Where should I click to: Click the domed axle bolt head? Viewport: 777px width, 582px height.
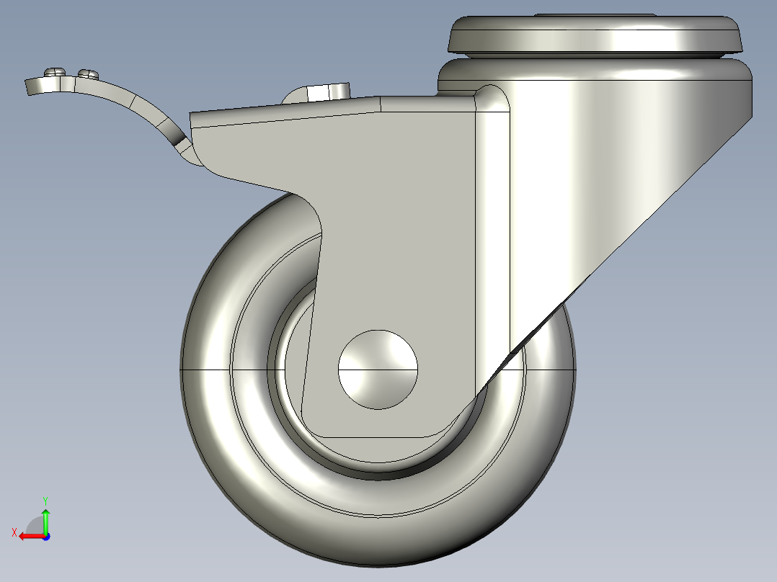tap(378, 369)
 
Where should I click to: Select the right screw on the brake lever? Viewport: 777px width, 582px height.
tap(89, 73)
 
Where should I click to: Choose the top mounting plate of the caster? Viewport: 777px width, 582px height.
tap(595, 35)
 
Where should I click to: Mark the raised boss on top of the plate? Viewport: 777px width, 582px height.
tap(595, 14)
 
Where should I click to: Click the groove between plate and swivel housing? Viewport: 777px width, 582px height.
tap(595, 56)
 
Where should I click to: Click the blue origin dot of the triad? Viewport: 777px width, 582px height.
tap(45, 536)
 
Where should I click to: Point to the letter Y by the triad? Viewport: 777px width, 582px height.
tap(45, 499)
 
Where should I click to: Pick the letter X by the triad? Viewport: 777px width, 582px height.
tap(14, 532)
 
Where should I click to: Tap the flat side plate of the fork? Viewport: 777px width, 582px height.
tap(404, 216)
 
